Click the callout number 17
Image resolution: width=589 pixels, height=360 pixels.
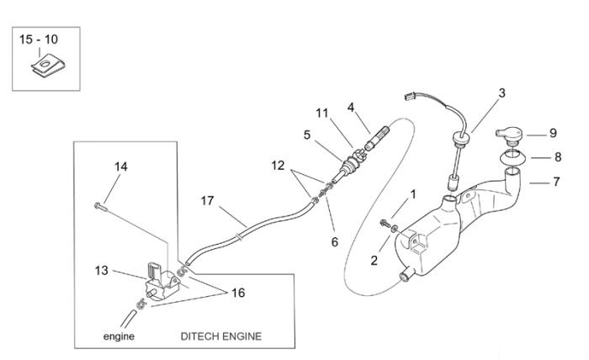coord(207,201)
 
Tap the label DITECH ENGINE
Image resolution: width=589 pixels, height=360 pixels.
coord(220,336)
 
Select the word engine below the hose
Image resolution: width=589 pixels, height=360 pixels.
coord(119,336)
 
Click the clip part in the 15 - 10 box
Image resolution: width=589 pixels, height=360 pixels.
coord(48,66)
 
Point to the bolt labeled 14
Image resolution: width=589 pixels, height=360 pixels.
coord(100,206)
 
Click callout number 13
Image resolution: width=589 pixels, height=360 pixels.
coord(102,270)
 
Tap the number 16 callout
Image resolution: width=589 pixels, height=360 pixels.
coord(238,293)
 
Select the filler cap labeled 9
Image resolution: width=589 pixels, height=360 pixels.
coord(509,135)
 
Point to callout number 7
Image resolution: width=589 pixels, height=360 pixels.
coord(556,182)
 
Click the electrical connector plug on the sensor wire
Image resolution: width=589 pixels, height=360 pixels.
coord(411,97)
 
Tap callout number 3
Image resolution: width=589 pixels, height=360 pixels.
coord(501,93)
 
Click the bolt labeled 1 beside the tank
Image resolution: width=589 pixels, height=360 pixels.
coord(385,223)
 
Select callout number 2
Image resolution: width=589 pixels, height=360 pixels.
coord(374,260)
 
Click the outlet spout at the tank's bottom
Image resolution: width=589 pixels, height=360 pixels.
coord(406,276)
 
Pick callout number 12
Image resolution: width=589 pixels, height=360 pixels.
coord(278,165)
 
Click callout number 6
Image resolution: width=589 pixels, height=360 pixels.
coord(335,241)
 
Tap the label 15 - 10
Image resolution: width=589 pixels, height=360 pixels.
coord(39,40)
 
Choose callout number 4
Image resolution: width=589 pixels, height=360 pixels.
coord(351,108)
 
